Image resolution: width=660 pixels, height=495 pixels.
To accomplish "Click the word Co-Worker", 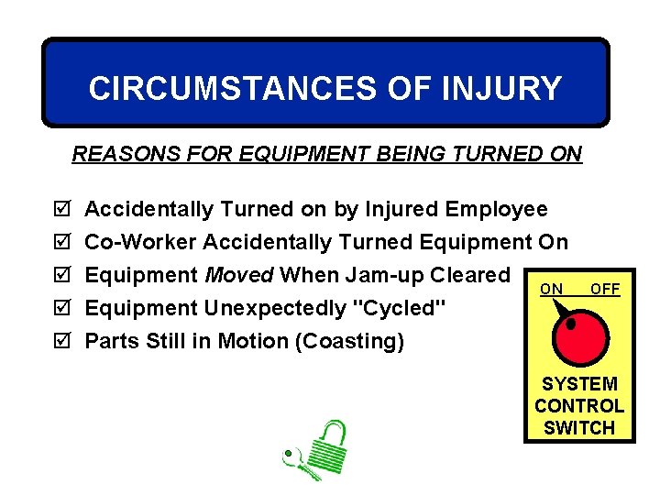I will [140, 243].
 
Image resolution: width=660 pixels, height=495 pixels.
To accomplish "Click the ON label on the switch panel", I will [551, 290].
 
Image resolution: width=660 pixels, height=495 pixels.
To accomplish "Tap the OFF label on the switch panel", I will [605, 290].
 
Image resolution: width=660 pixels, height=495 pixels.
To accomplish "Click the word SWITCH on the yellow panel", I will [579, 427].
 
